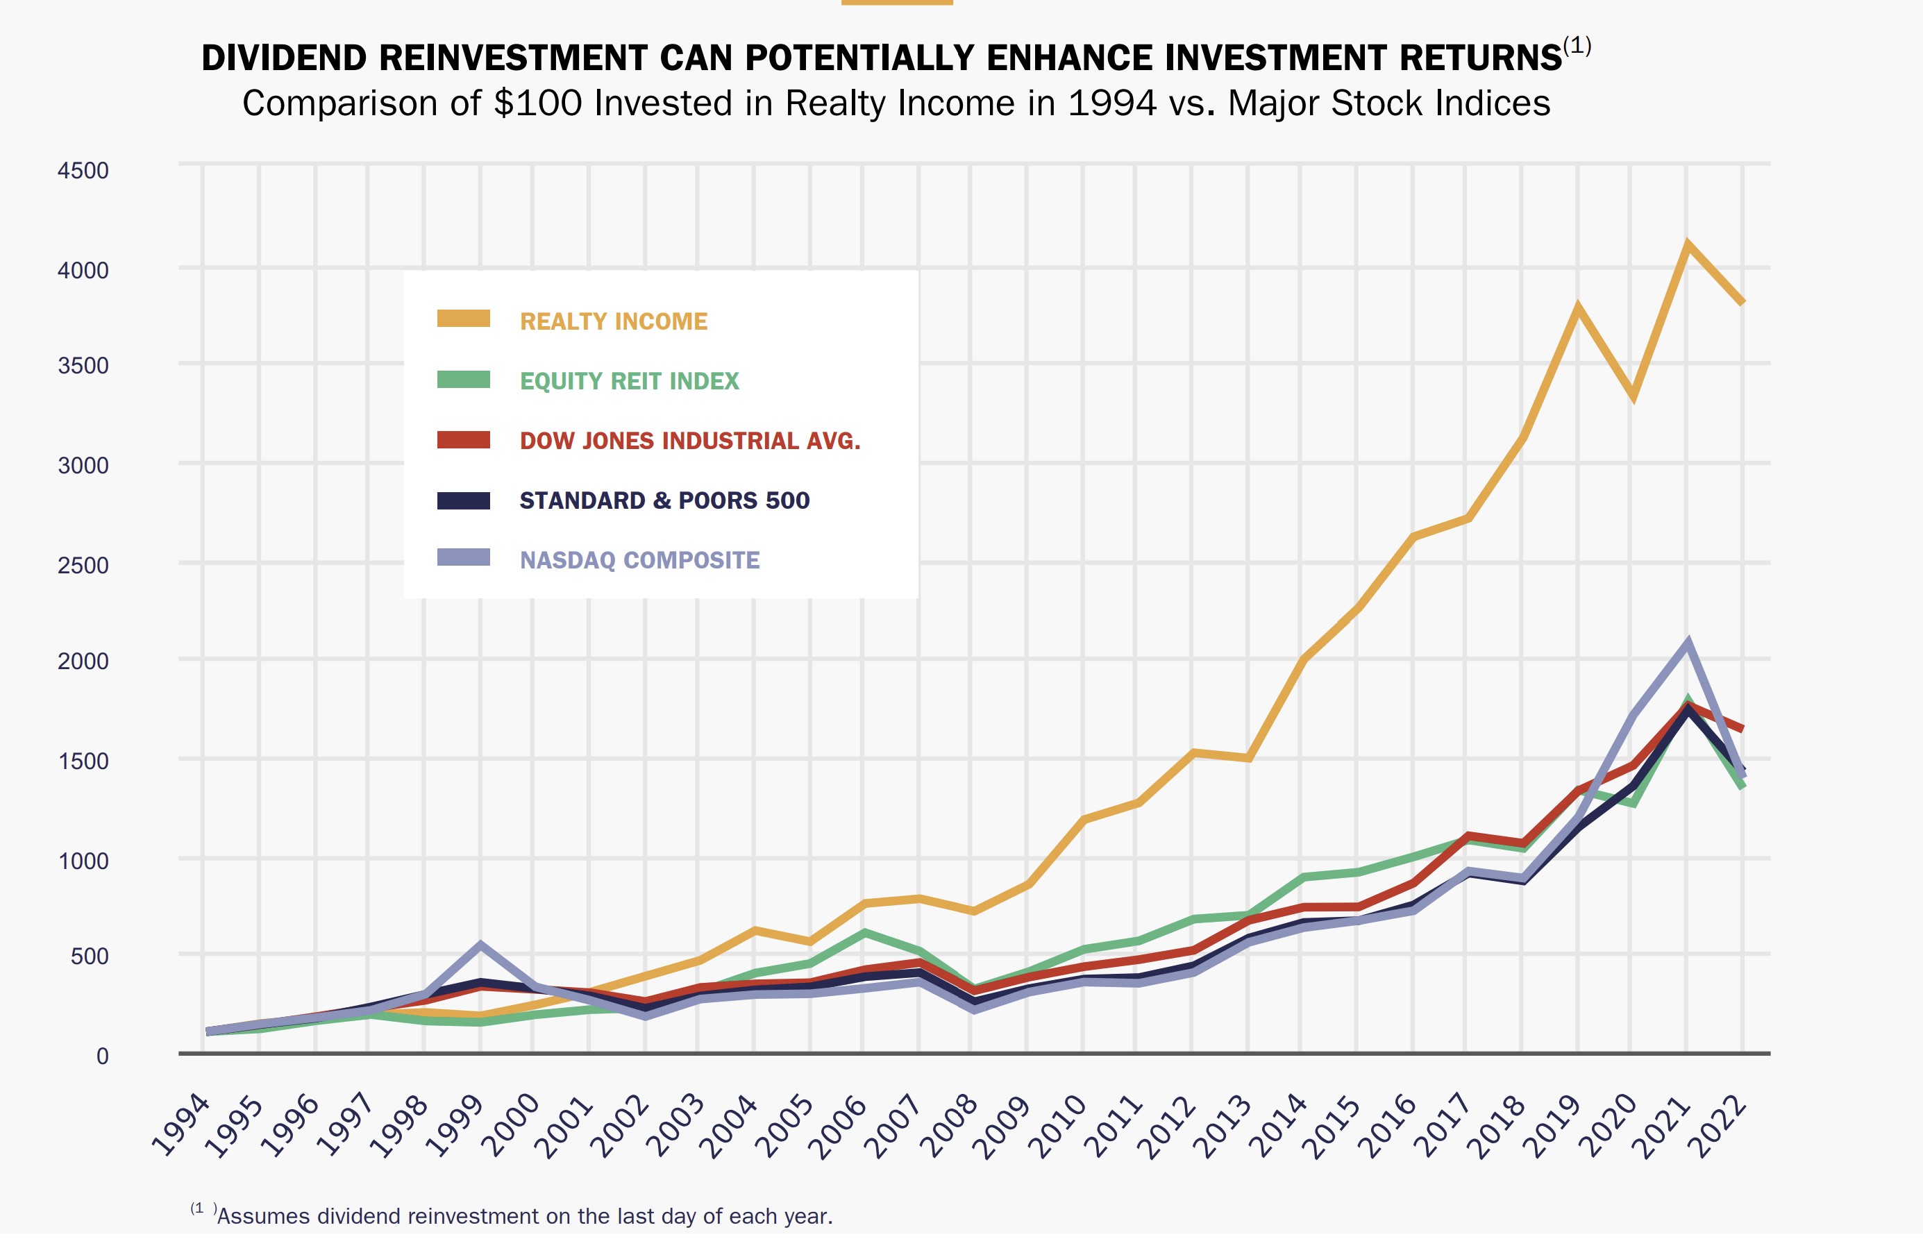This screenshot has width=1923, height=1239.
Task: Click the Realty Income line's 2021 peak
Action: pyautogui.click(x=1687, y=244)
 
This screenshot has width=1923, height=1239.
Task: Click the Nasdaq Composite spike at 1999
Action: pyautogui.click(x=480, y=945)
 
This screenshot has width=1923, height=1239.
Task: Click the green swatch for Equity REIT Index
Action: pyautogui.click(x=464, y=380)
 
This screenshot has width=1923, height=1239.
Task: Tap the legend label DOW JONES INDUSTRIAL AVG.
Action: pyautogui.click(x=689, y=440)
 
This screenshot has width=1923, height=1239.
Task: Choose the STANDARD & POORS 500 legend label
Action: pyautogui.click(x=664, y=500)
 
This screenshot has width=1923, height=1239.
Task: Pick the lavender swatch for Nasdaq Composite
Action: pyautogui.click(x=464, y=557)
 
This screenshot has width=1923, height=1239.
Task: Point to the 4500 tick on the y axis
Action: pyautogui.click(x=83, y=171)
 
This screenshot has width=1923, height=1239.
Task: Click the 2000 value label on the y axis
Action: pyautogui.click(x=83, y=661)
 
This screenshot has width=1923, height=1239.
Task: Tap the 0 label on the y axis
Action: pyautogui.click(x=102, y=1056)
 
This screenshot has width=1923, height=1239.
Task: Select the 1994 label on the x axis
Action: pyautogui.click(x=181, y=1127)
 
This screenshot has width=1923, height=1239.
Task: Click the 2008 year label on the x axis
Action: pyautogui.click(x=950, y=1127)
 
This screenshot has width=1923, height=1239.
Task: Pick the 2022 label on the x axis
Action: pyautogui.click(x=1721, y=1127)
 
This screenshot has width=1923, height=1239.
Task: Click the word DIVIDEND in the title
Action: pyautogui.click(x=283, y=58)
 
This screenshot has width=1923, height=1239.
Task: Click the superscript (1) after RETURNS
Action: pyautogui.click(x=1577, y=46)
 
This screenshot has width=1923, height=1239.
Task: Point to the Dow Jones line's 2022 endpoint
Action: pyautogui.click(x=1741, y=728)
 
